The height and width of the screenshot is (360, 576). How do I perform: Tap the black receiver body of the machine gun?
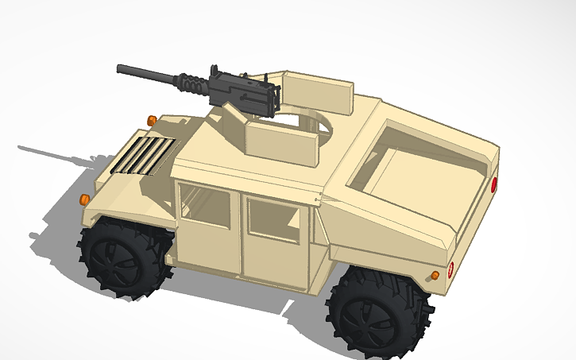tap(246, 91)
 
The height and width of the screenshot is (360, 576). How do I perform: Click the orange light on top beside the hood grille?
tap(151, 120)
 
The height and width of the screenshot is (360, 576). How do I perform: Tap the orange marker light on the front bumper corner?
tap(85, 198)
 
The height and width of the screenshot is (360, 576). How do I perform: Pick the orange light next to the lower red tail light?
tap(435, 275)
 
